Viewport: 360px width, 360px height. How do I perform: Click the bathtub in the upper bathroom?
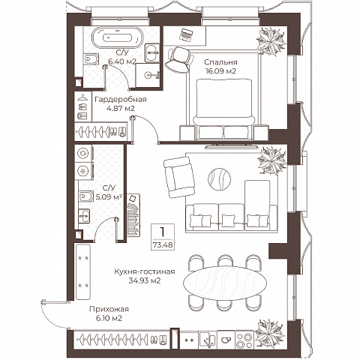coord(118,37)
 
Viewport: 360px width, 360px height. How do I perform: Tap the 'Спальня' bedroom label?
coord(220,62)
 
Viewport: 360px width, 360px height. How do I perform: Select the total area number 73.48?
coord(163,245)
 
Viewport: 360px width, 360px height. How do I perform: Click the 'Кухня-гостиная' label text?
coord(145,271)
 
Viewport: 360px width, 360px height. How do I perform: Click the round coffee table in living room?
coord(220,179)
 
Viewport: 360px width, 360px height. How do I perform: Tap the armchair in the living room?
coord(179,177)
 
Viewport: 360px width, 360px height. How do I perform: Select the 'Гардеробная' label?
coord(121,100)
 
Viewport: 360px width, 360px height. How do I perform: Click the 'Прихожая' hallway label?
coord(109,309)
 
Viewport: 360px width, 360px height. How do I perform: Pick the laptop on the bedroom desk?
coord(186,34)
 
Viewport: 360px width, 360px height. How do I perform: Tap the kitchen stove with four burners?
coord(244,340)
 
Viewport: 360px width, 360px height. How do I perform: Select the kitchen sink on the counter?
coord(208,340)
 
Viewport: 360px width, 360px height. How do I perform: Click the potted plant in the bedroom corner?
coord(271,41)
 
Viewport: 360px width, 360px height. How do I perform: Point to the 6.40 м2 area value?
coord(122,61)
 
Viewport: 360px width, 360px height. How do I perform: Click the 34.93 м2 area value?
coord(145,280)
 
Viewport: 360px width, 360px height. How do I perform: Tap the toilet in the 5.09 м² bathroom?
coord(85,196)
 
